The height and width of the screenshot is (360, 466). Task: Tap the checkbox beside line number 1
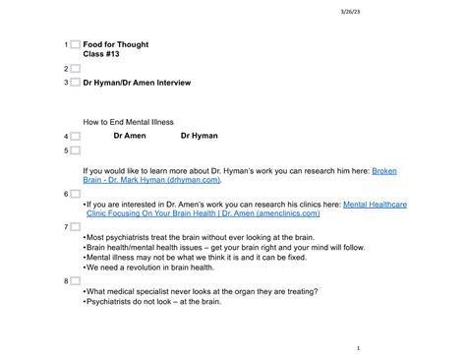75,45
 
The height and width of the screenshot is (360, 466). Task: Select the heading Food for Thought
116,44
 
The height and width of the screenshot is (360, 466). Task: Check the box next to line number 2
75,69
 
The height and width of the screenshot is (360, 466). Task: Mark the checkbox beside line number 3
75,83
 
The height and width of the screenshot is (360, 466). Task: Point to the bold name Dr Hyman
199,136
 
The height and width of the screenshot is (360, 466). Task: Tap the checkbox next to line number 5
75,150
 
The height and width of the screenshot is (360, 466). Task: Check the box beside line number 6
75,194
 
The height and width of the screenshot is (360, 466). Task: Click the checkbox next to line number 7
75,225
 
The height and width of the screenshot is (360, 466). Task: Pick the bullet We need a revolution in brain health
149,268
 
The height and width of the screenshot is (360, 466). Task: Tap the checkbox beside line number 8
75,280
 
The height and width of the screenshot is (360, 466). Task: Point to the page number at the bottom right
359,347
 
